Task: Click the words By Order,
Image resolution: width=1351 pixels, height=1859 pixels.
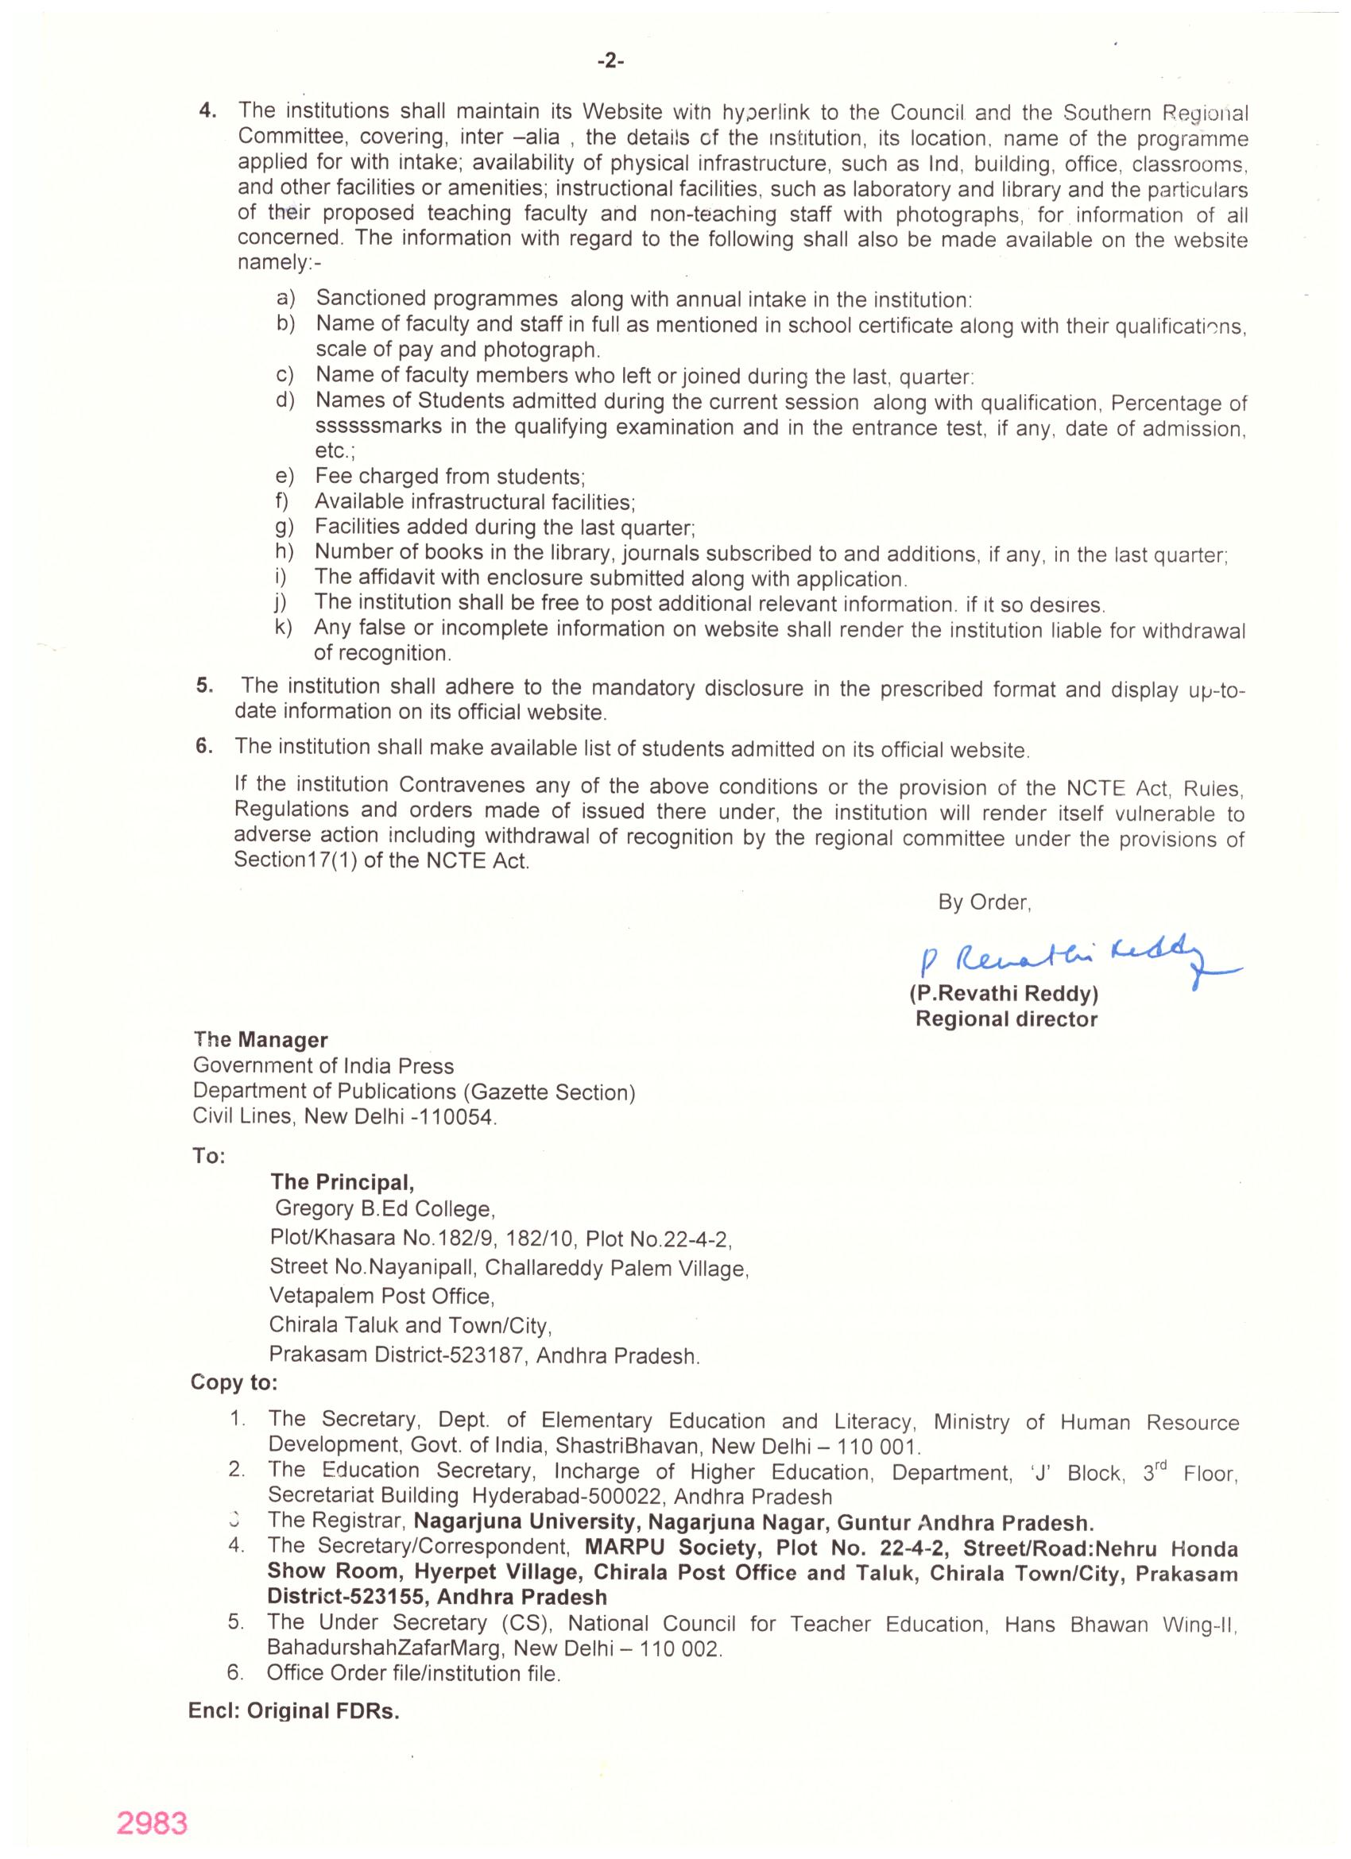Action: tap(985, 902)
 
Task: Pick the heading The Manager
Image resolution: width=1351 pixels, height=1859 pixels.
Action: tap(261, 1040)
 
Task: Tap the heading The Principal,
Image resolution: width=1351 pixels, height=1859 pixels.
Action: tap(342, 1182)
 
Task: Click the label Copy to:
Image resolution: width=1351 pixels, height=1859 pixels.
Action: tap(234, 1383)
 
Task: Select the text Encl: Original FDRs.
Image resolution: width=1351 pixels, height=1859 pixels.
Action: tap(293, 1712)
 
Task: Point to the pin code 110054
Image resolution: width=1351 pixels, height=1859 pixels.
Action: tap(463, 1117)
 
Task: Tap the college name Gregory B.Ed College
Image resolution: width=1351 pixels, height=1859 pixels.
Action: tap(385, 1210)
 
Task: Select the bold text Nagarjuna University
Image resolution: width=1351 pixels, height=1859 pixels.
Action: tap(524, 1523)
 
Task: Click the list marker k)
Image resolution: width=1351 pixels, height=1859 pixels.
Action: tap(284, 628)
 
